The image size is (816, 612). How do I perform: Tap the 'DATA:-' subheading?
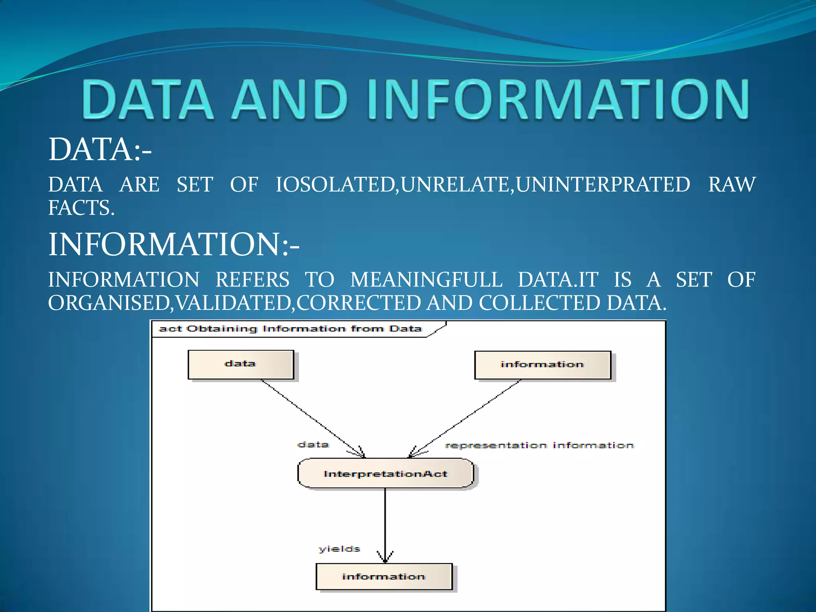pos(100,149)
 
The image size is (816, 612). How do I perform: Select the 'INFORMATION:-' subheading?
pos(173,244)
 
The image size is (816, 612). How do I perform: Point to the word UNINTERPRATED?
pos(603,184)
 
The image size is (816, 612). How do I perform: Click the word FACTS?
pos(81,208)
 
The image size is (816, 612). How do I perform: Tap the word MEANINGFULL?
pos(426,279)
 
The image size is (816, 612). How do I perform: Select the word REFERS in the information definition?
pos(252,279)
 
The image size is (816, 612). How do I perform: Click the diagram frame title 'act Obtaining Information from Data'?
pos(290,329)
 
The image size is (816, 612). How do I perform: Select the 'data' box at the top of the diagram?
pos(241,364)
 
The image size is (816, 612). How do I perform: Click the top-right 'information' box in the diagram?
pos(542,365)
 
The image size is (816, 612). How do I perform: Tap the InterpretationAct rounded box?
pos(385,473)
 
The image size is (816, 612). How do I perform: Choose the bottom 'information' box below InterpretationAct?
pos(384,576)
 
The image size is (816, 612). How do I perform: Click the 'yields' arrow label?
pos(339,549)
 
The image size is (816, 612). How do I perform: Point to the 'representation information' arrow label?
pos(539,445)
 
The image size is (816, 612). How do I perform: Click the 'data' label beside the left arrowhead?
pos(313,444)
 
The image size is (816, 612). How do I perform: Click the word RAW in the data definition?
pos(732,184)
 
